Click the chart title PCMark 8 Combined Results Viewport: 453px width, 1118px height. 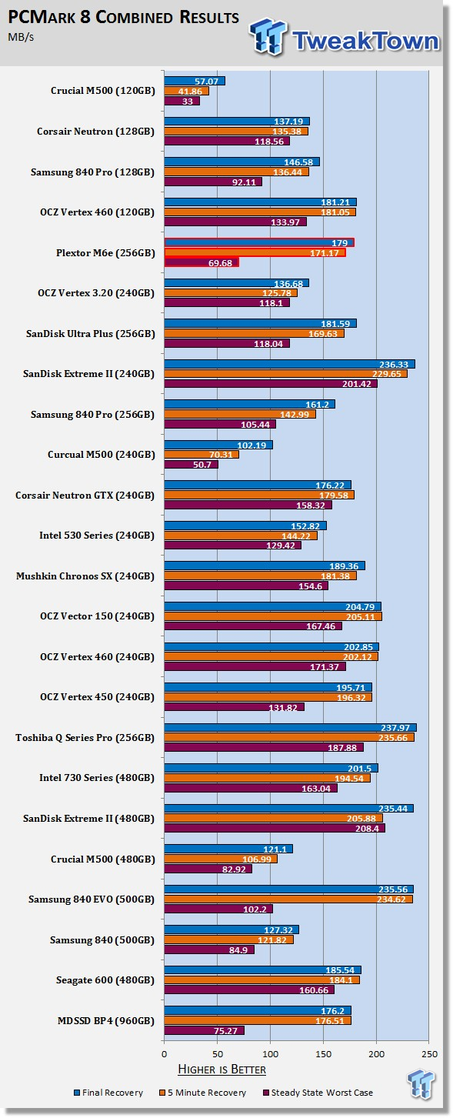[124, 17]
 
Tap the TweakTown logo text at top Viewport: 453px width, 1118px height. [365, 41]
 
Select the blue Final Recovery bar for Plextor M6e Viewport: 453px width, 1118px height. [259, 242]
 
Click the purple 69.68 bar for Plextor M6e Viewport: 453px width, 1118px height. [202, 262]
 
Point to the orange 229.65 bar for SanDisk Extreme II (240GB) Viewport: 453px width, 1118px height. [286, 374]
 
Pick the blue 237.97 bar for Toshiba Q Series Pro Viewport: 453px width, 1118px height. [291, 728]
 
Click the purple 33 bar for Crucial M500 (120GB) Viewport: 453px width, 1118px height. [182, 102]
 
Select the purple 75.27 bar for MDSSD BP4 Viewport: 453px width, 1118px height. [204, 1030]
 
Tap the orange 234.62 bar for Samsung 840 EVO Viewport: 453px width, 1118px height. [289, 899]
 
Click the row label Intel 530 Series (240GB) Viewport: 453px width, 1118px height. [97, 536]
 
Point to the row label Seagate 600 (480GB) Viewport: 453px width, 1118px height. [105, 980]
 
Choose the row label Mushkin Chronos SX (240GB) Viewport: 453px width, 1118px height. [85, 576]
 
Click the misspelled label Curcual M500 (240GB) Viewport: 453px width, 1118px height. [102, 455]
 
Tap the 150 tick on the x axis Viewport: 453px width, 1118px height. [323, 1054]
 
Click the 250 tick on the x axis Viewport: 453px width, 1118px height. [430, 1054]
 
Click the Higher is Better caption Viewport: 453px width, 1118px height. [222, 1069]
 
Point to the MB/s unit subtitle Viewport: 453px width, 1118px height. [21, 37]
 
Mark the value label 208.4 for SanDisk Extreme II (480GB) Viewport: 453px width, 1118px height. [367, 829]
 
